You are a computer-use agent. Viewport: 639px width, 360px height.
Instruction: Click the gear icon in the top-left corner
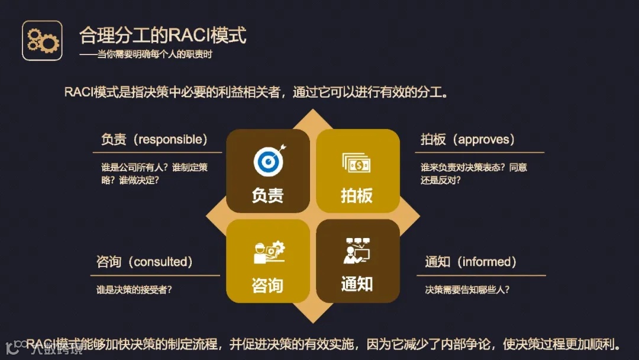pyautogui.click(x=42, y=40)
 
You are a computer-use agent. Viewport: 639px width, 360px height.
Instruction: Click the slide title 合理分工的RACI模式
pyautogui.click(x=162, y=35)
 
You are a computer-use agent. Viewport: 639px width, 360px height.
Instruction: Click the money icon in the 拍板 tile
pyautogui.click(x=356, y=162)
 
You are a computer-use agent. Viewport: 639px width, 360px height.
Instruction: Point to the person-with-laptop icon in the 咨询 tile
pyautogui.click(x=268, y=252)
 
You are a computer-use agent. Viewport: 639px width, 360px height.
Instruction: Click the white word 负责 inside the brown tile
pyautogui.click(x=267, y=195)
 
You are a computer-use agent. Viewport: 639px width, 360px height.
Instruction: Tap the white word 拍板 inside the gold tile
pyautogui.click(x=357, y=195)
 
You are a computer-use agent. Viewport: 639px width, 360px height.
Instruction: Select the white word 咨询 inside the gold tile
pyautogui.click(x=267, y=285)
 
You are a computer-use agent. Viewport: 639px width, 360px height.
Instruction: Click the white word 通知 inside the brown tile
pyautogui.click(x=357, y=284)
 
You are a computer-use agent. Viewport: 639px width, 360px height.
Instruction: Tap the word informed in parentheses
pyautogui.click(x=488, y=262)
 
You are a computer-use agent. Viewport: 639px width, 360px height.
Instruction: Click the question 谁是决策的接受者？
pyautogui.click(x=138, y=290)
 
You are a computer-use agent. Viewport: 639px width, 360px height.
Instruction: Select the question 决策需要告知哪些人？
pyautogui.click(x=467, y=290)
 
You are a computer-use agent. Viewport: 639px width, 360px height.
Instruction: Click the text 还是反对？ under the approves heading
pyautogui.click(x=440, y=180)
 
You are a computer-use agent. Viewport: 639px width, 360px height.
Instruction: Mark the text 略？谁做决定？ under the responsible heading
pyautogui.click(x=130, y=180)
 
